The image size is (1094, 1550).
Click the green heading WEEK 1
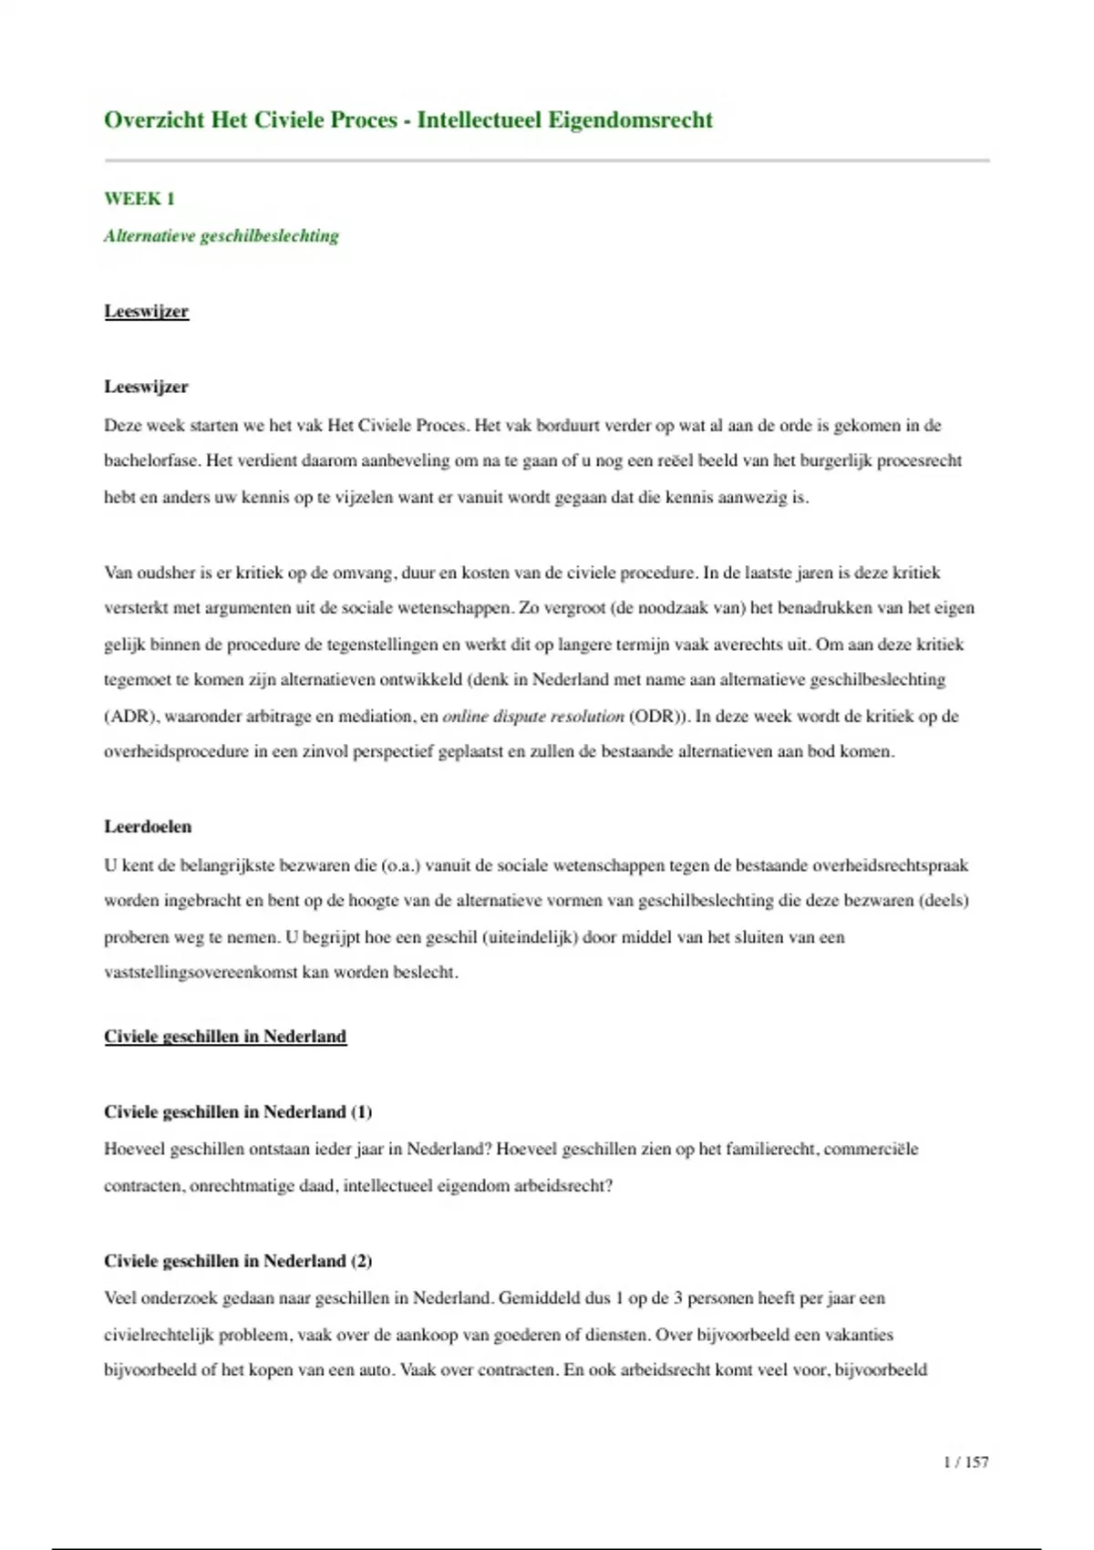139,199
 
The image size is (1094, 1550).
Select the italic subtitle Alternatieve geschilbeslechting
222,236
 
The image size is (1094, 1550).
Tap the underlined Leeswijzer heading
146,311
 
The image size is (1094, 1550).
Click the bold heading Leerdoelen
148,827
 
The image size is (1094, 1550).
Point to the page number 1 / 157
965,1462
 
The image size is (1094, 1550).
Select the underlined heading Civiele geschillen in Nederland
225,1037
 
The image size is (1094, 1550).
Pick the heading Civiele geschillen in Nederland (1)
238,1111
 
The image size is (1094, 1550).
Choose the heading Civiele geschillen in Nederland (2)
238,1261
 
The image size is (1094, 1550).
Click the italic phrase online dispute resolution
533,716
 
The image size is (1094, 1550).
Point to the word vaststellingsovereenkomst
201,972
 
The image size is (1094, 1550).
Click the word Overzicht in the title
153,120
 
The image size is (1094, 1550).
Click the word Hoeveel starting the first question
134,1149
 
